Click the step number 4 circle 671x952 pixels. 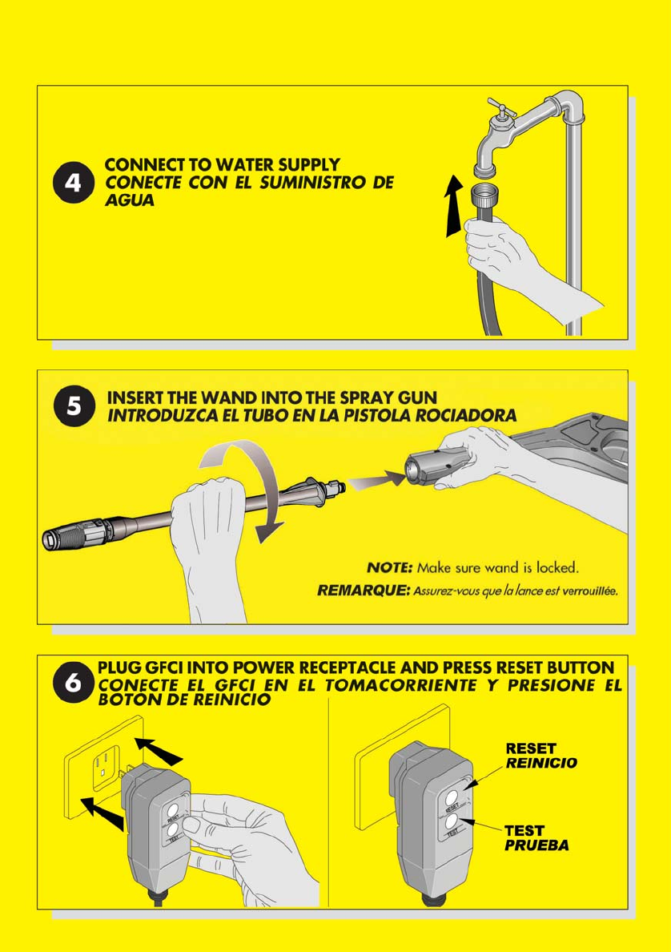tap(74, 183)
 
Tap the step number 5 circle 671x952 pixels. tap(74, 405)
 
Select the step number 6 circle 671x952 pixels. tap(73, 683)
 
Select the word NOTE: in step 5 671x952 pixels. tap(389, 567)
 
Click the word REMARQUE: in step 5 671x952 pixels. tap(364, 591)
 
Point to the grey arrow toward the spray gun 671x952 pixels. tap(377, 480)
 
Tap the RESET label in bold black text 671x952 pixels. tap(531, 748)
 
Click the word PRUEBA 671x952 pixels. tap(537, 845)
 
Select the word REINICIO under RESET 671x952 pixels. tap(542, 763)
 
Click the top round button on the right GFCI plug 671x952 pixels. tap(453, 797)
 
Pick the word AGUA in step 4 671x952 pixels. tap(129, 200)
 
